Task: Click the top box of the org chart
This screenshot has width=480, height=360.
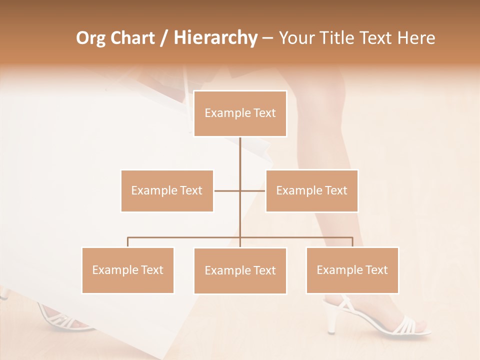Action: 240,113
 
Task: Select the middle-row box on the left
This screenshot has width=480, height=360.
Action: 167,190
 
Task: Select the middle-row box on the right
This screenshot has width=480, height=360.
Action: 311,190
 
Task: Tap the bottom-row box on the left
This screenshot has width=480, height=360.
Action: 127,270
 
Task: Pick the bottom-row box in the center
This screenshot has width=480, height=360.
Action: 240,270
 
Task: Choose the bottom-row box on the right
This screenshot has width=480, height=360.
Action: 352,270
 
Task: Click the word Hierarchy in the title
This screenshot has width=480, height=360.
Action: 215,38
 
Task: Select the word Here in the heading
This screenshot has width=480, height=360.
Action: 416,38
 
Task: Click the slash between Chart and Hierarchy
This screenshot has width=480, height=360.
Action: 164,38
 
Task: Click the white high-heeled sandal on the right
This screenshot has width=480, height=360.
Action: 380,318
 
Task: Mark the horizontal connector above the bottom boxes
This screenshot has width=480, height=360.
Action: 185,237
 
